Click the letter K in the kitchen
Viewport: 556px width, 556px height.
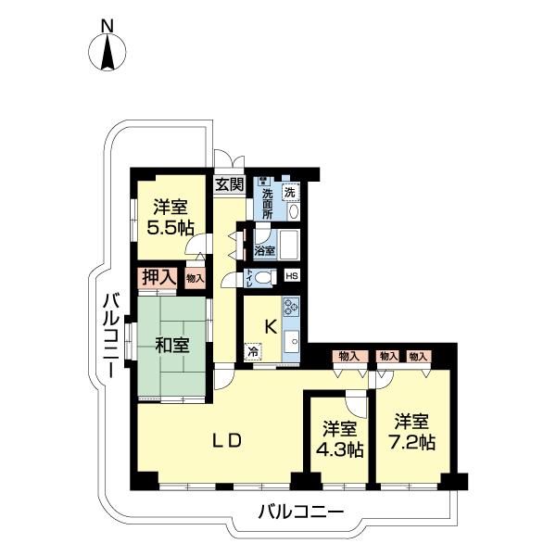pyautogui.click(x=271, y=325)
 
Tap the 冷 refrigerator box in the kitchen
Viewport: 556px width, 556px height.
pyautogui.click(x=252, y=352)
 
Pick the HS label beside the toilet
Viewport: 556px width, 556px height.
pyautogui.click(x=291, y=276)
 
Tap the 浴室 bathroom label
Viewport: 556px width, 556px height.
pyautogui.click(x=264, y=250)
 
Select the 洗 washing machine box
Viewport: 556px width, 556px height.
pyautogui.click(x=291, y=192)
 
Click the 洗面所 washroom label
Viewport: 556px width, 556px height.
pyautogui.click(x=266, y=199)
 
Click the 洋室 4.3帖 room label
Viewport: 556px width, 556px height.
pyautogui.click(x=341, y=438)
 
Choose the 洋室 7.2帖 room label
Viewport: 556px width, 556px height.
pyautogui.click(x=412, y=431)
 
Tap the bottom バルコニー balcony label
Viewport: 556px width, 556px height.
pyautogui.click(x=300, y=511)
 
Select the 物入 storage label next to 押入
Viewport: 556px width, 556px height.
pyautogui.click(x=195, y=276)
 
